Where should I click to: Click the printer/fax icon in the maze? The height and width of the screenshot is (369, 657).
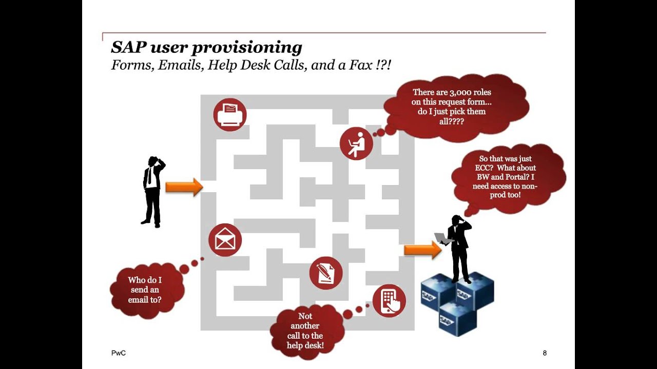(230, 115)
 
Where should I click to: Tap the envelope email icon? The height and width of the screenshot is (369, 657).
(225, 240)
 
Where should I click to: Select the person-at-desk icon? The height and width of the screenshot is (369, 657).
(356, 143)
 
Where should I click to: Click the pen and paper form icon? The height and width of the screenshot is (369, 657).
(326, 273)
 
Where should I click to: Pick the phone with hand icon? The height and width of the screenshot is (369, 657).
(389, 300)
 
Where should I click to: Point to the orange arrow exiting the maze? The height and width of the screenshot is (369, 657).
(422, 250)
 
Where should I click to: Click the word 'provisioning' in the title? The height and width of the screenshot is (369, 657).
(247, 48)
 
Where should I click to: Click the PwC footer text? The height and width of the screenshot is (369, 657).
(119, 353)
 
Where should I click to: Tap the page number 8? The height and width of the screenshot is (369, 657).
(545, 353)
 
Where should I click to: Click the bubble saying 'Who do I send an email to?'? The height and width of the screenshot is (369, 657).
(145, 290)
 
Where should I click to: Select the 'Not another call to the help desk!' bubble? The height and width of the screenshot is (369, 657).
(305, 331)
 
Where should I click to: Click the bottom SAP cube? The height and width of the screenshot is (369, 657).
(457, 318)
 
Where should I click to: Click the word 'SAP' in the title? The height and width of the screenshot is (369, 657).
(128, 48)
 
